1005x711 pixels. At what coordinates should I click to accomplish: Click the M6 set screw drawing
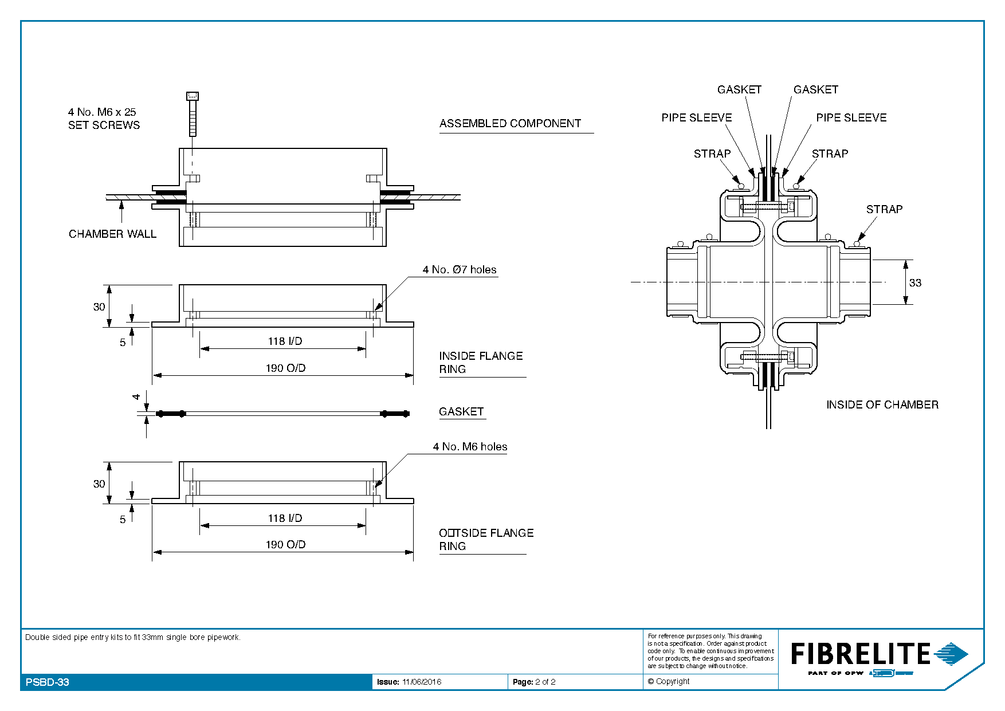(x=193, y=114)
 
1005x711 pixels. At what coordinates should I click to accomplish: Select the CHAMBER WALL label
(x=112, y=234)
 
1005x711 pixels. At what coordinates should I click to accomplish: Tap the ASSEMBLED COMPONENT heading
(x=510, y=123)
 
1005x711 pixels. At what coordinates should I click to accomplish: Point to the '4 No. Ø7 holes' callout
(x=460, y=269)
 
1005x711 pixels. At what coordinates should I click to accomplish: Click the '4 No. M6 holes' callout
(x=470, y=446)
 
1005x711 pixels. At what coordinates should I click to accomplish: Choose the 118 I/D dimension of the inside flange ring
(x=285, y=341)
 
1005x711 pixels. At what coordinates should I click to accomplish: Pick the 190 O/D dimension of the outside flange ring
(x=285, y=544)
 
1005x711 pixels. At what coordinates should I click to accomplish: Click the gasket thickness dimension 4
(x=136, y=396)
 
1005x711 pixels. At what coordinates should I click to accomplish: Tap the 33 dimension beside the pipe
(x=915, y=282)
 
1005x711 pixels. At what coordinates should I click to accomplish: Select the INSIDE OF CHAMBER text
(x=882, y=404)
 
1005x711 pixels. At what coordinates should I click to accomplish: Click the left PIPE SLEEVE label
(x=697, y=117)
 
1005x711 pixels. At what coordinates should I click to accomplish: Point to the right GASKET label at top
(x=815, y=89)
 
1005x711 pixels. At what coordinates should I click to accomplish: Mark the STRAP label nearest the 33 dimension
(x=884, y=209)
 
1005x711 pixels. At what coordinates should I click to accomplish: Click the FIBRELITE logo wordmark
(x=861, y=654)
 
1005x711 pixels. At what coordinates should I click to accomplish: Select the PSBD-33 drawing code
(x=48, y=682)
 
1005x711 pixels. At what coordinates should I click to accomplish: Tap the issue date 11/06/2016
(x=422, y=682)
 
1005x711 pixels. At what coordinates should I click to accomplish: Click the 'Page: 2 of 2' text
(x=534, y=682)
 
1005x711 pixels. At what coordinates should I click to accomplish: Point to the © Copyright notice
(x=669, y=681)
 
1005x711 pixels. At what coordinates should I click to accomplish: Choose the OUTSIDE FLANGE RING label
(x=486, y=539)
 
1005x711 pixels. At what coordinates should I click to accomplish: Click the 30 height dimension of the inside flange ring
(x=99, y=307)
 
